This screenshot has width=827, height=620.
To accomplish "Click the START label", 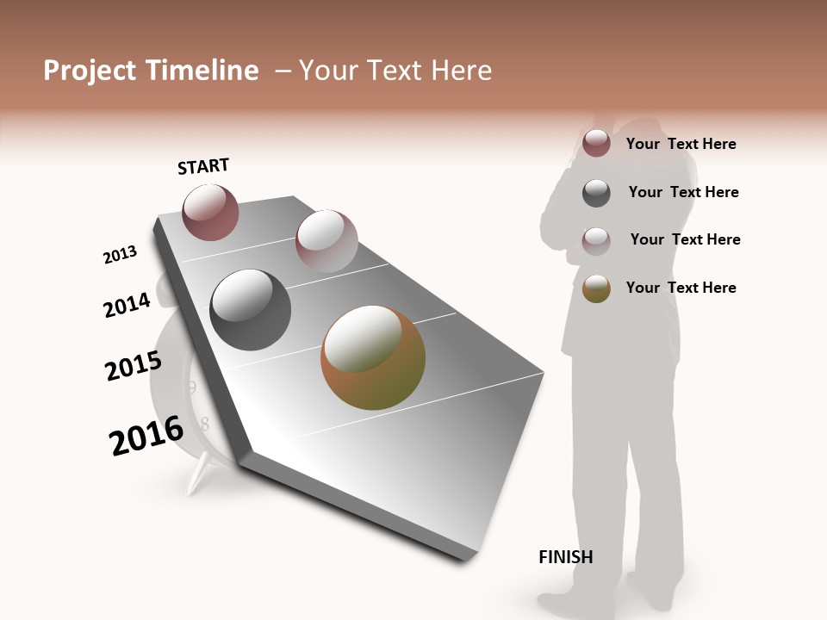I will tap(203, 166).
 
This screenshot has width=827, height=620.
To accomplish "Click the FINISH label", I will tap(566, 557).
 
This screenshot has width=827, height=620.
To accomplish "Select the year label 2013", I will tap(120, 255).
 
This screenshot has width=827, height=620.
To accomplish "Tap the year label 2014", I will tap(127, 305).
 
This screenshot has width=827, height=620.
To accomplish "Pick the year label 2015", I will tap(133, 366).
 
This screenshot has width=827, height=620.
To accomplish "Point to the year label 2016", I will tap(146, 436).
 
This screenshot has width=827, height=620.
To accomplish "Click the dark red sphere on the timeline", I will tap(210, 212).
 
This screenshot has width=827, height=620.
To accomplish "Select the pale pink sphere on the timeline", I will tap(326, 241).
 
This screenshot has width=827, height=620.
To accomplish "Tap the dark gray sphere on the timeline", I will tap(251, 310).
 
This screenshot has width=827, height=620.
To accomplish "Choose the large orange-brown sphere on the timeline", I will tap(373, 357).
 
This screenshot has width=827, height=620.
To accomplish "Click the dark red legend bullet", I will tap(596, 143).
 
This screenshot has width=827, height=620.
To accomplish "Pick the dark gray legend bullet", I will tap(596, 192).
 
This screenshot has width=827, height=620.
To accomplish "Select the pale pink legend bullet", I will tap(596, 240).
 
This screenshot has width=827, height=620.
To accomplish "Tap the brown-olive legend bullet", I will tap(596, 288).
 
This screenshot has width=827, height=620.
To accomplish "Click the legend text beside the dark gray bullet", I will tap(683, 192).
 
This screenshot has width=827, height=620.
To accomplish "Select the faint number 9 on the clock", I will tap(192, 388).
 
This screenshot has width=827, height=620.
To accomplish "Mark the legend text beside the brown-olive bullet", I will tap(681, 288).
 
